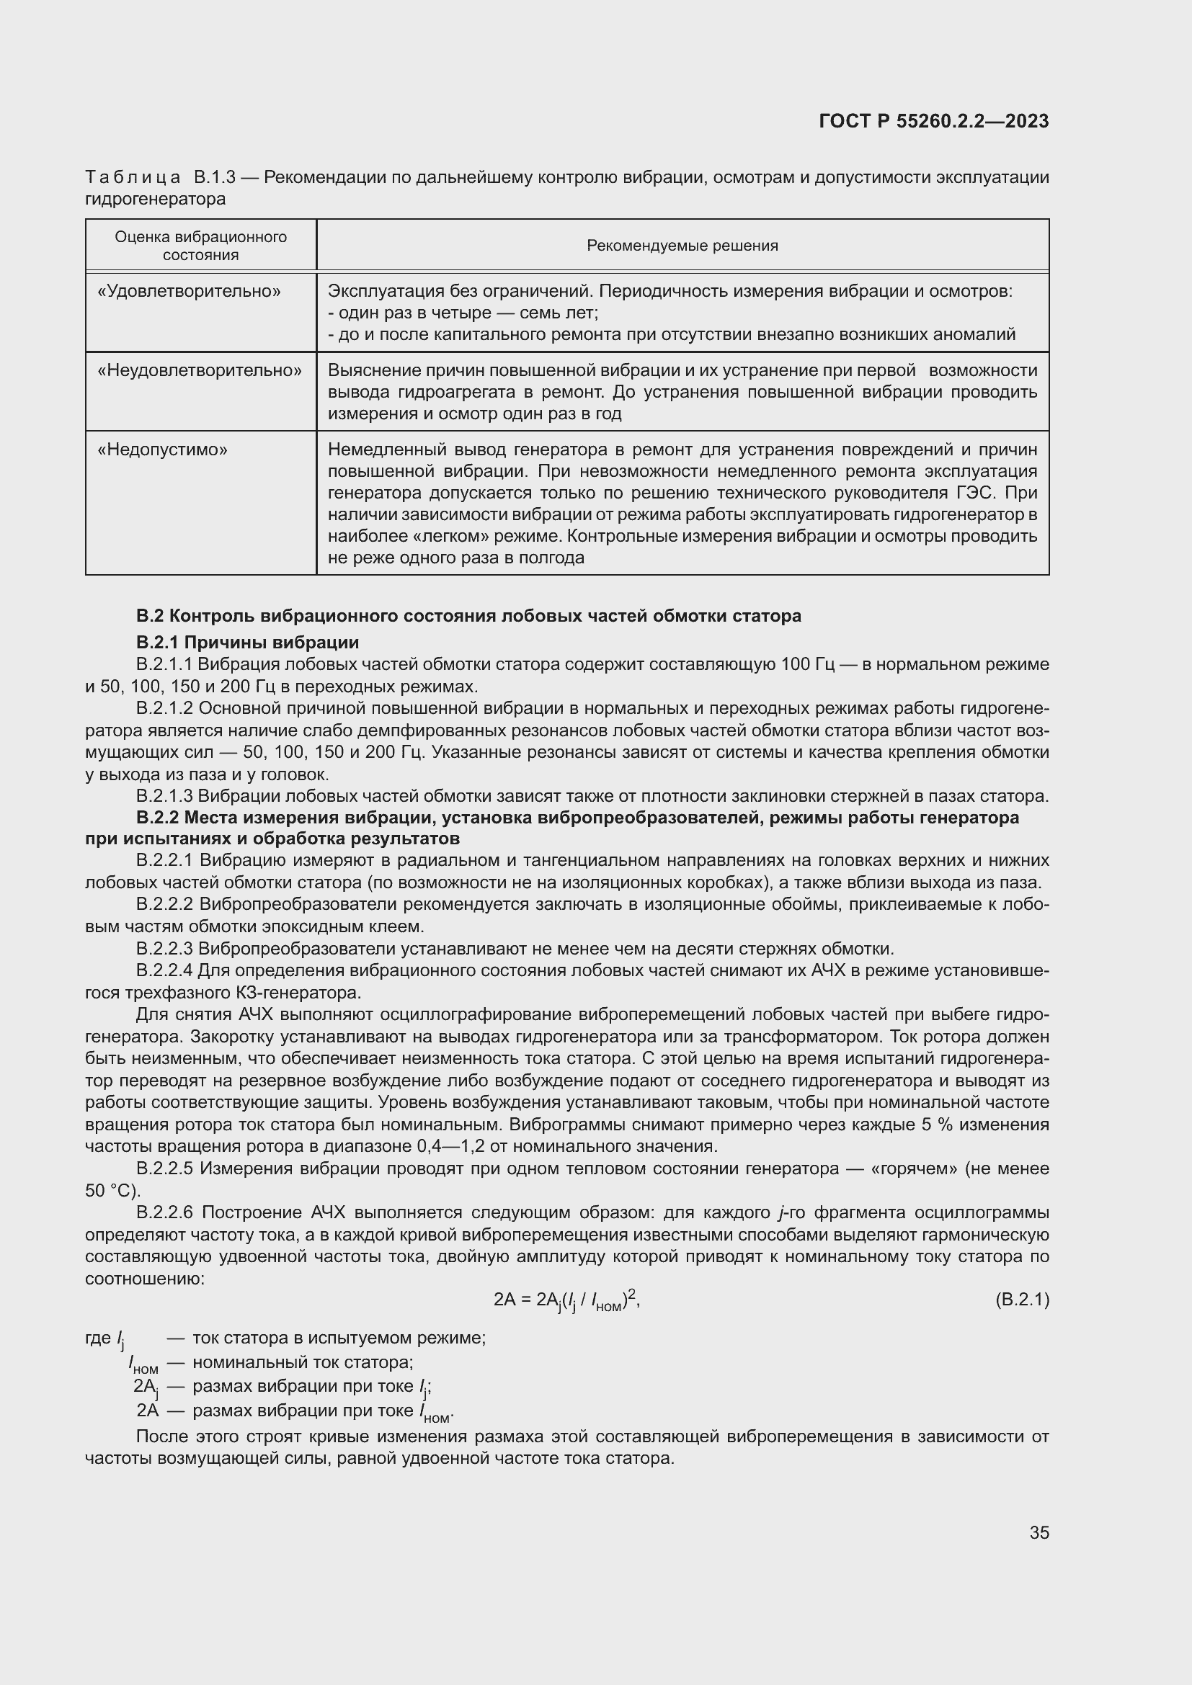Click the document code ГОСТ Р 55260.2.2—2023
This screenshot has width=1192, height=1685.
(933, 121)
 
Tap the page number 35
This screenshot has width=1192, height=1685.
(1038, 1532)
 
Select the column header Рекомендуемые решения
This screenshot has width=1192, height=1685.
(682, 246)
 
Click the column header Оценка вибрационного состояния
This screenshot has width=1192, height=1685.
(200, 246)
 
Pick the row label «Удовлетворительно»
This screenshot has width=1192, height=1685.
(190, 291)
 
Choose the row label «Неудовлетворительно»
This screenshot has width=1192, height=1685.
(200, 370)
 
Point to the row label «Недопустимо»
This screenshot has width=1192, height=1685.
(162, 449)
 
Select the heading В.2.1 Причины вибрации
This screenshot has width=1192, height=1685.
(247, 642)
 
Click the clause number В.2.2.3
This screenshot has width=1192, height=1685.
(164, 949)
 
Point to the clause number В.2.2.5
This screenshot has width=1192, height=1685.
(164, 1168)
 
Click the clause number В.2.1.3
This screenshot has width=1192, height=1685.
(164, 795)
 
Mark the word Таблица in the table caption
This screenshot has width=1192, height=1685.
(133, 178)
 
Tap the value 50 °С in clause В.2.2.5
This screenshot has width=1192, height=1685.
(112, 1190)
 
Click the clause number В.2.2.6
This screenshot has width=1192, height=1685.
(164, 1212)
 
